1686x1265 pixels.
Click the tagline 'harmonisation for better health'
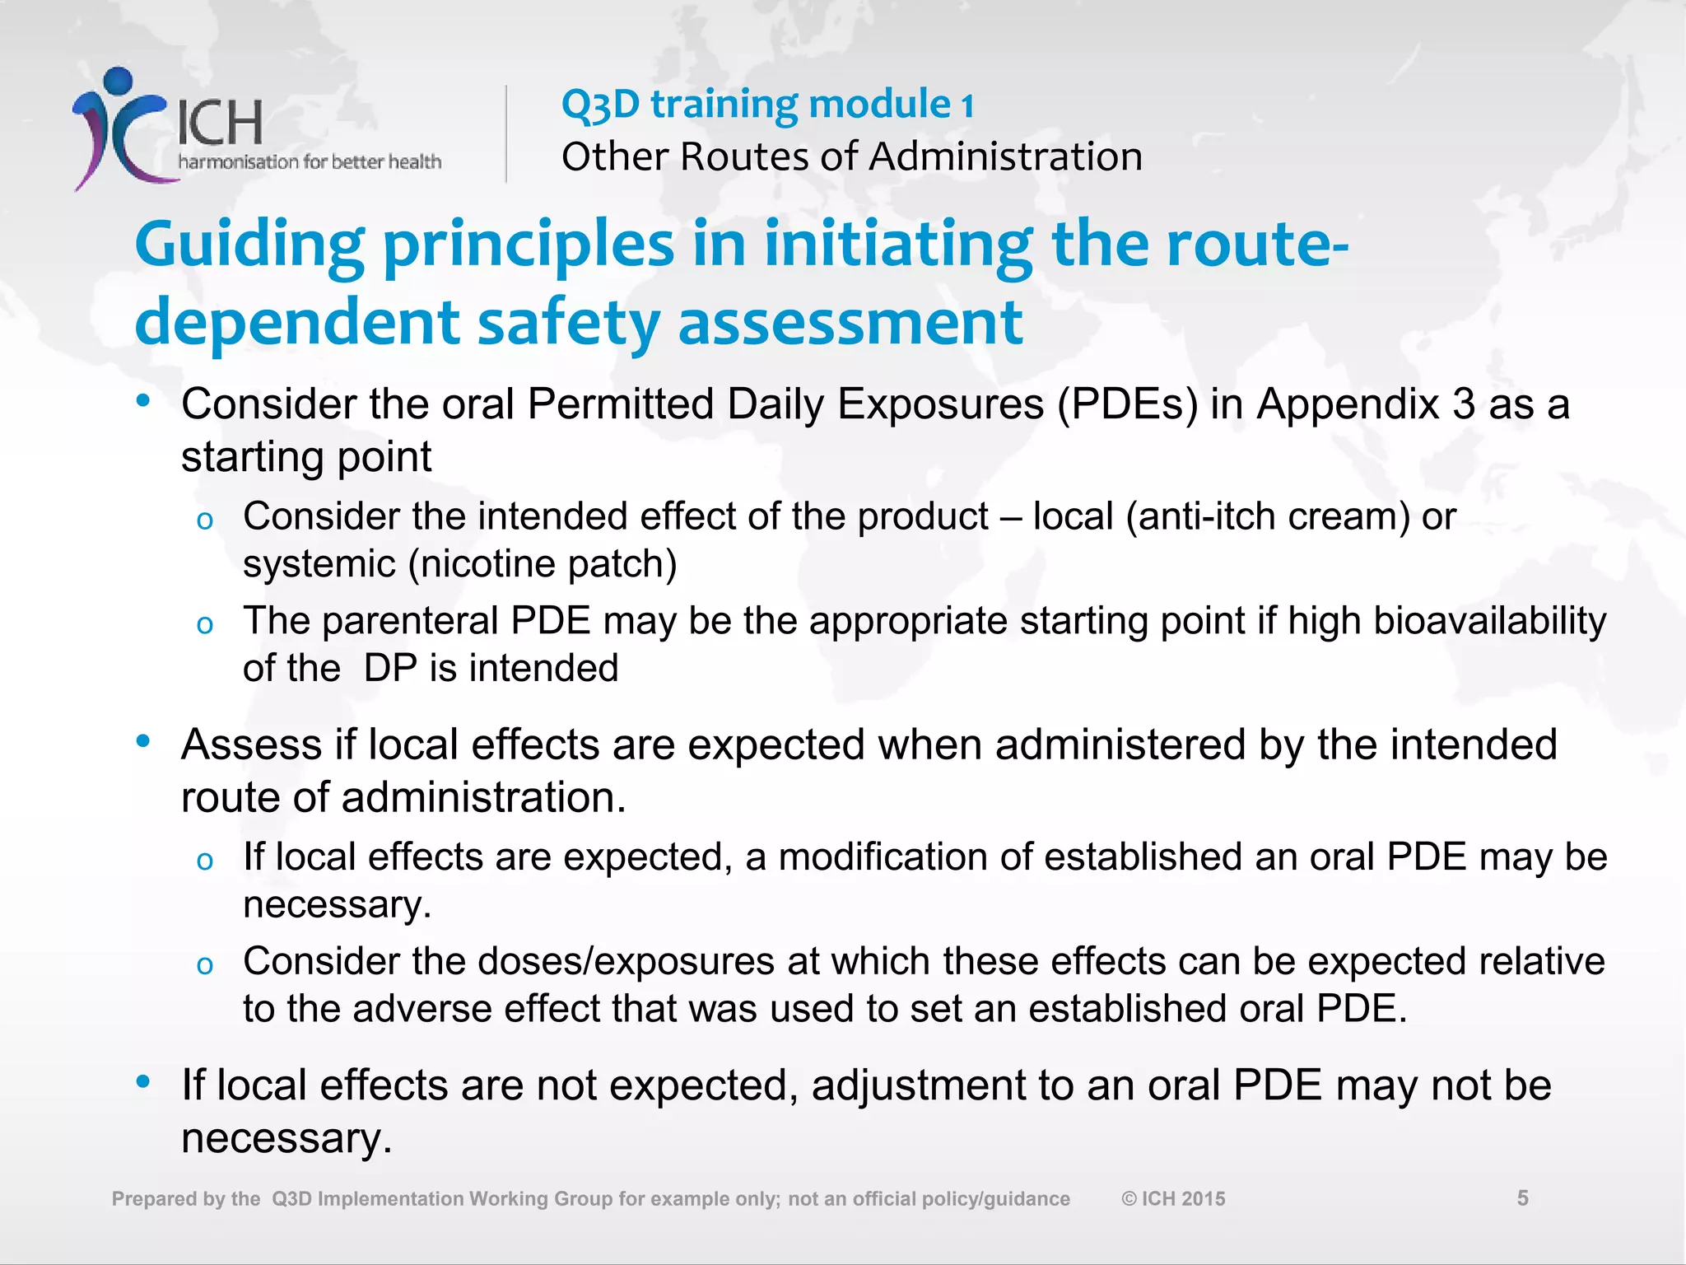pos(310,161)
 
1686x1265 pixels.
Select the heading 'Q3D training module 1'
pos(767,105)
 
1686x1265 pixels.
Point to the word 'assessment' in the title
pos(850,322)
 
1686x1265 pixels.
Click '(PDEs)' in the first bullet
pos(1128,404)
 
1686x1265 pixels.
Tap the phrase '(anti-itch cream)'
pos(1268,516)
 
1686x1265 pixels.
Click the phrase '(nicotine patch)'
pos(543,564)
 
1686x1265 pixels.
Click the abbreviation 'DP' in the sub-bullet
pos(390,668)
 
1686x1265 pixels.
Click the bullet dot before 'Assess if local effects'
pos(144,741)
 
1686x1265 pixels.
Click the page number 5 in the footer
pos(1522,1198)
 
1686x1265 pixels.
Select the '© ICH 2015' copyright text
pos(1173,1199)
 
